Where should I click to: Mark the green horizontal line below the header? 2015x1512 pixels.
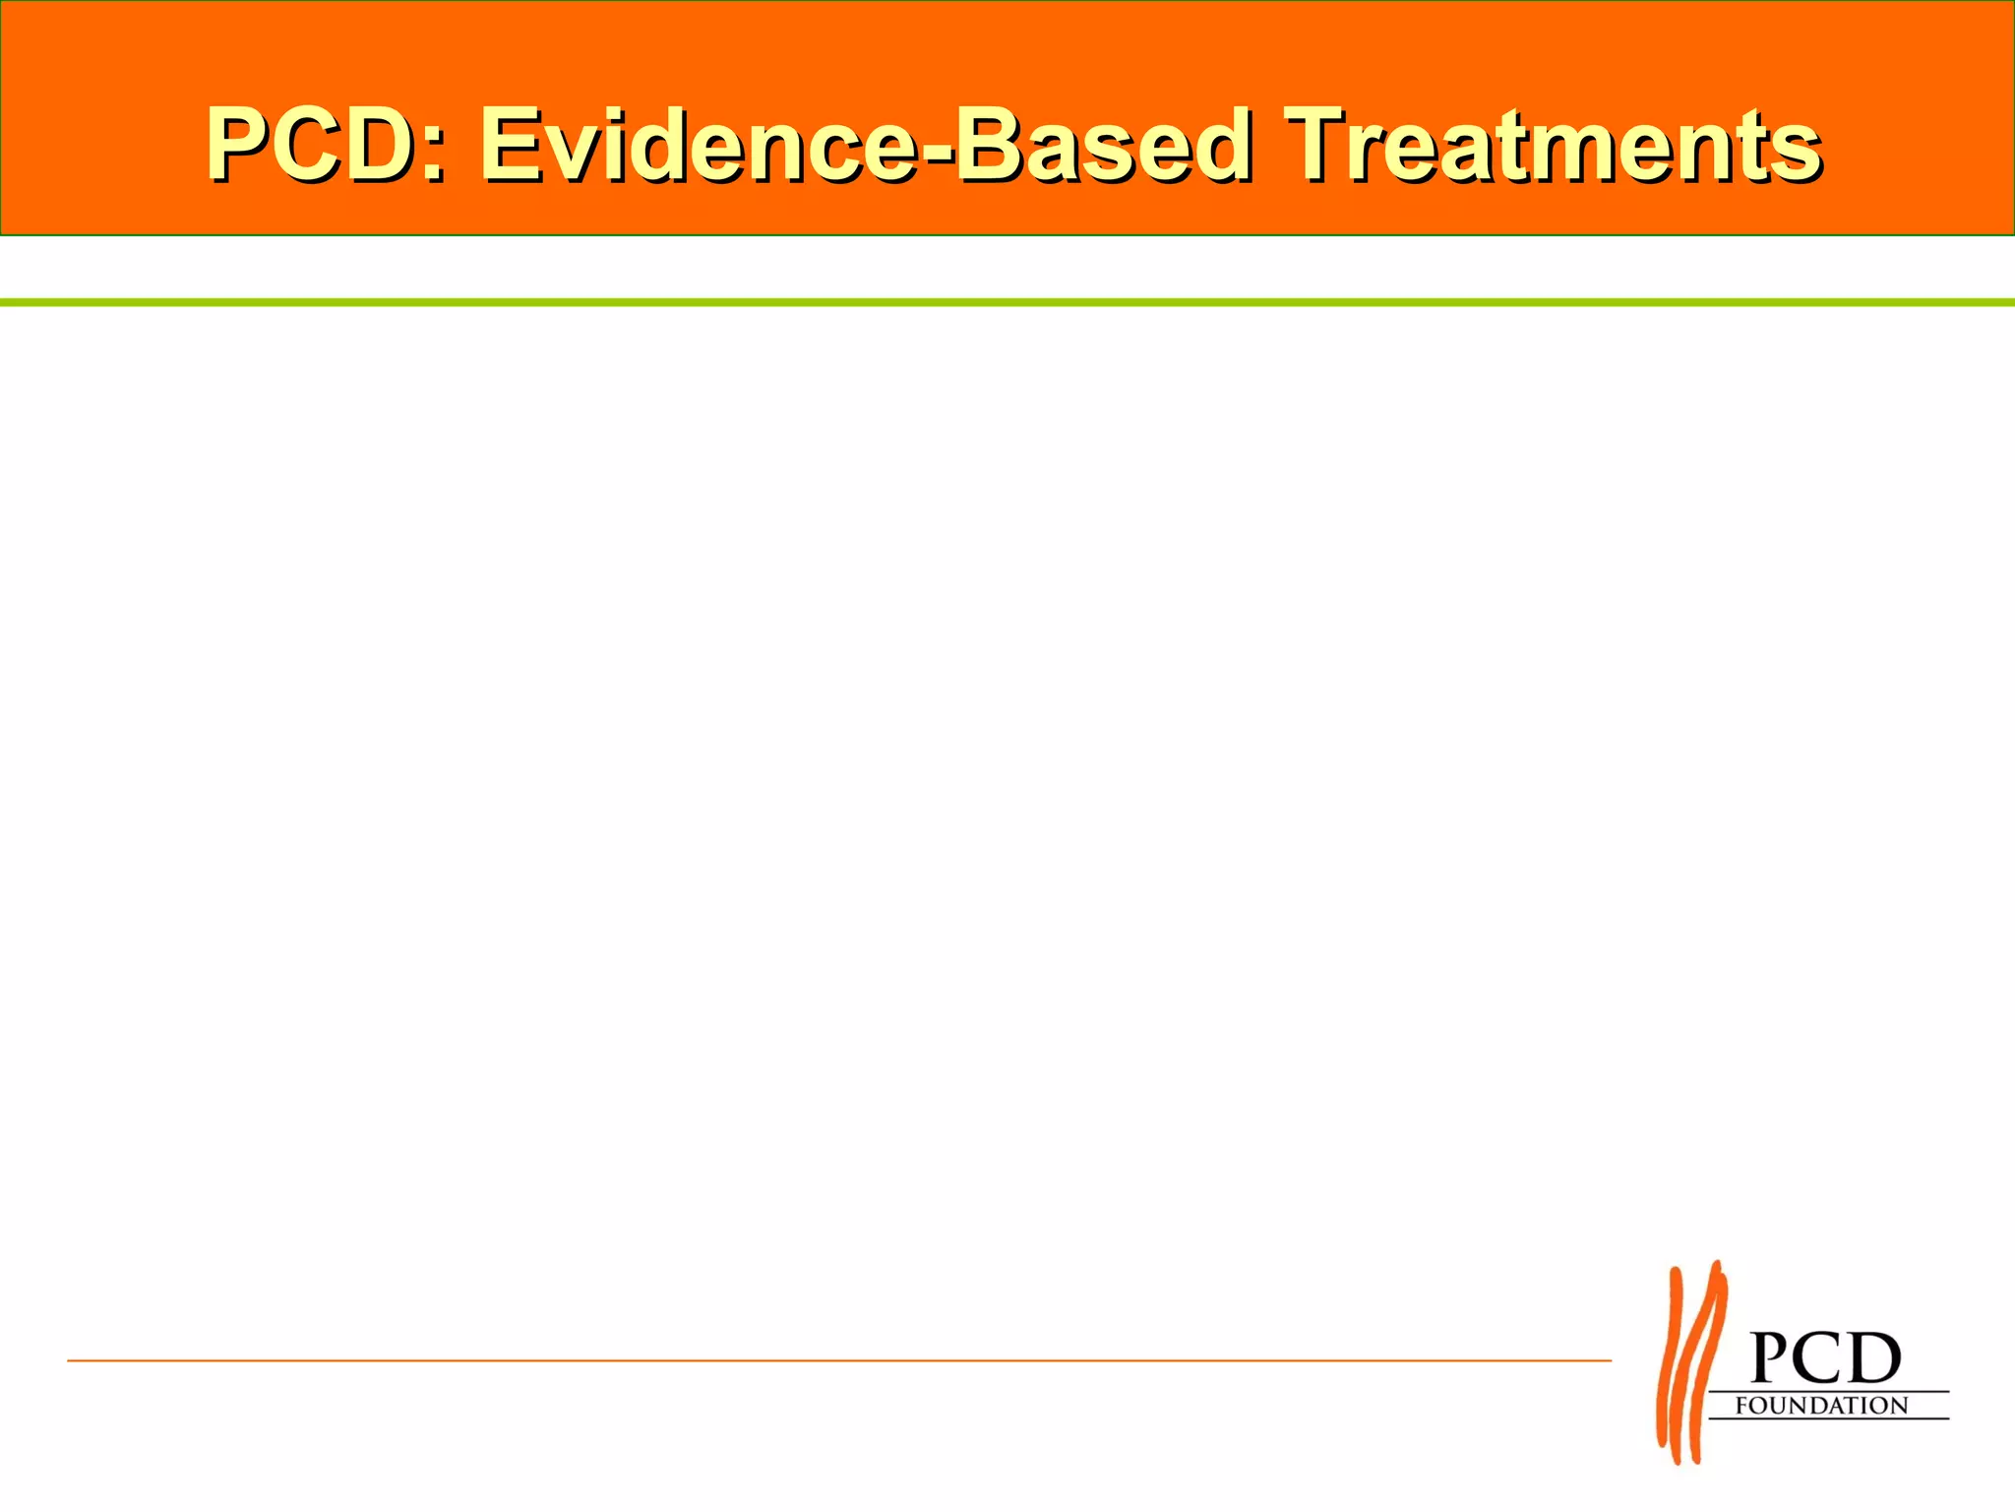coord(1007,302)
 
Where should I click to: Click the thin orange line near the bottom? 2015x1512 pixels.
coord(836,1360)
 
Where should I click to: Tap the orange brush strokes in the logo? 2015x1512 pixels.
coord(1690,1363)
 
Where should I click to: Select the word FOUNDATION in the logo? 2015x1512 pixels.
coord(1821,1406)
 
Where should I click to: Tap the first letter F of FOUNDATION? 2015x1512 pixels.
coord(1742,1406)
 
